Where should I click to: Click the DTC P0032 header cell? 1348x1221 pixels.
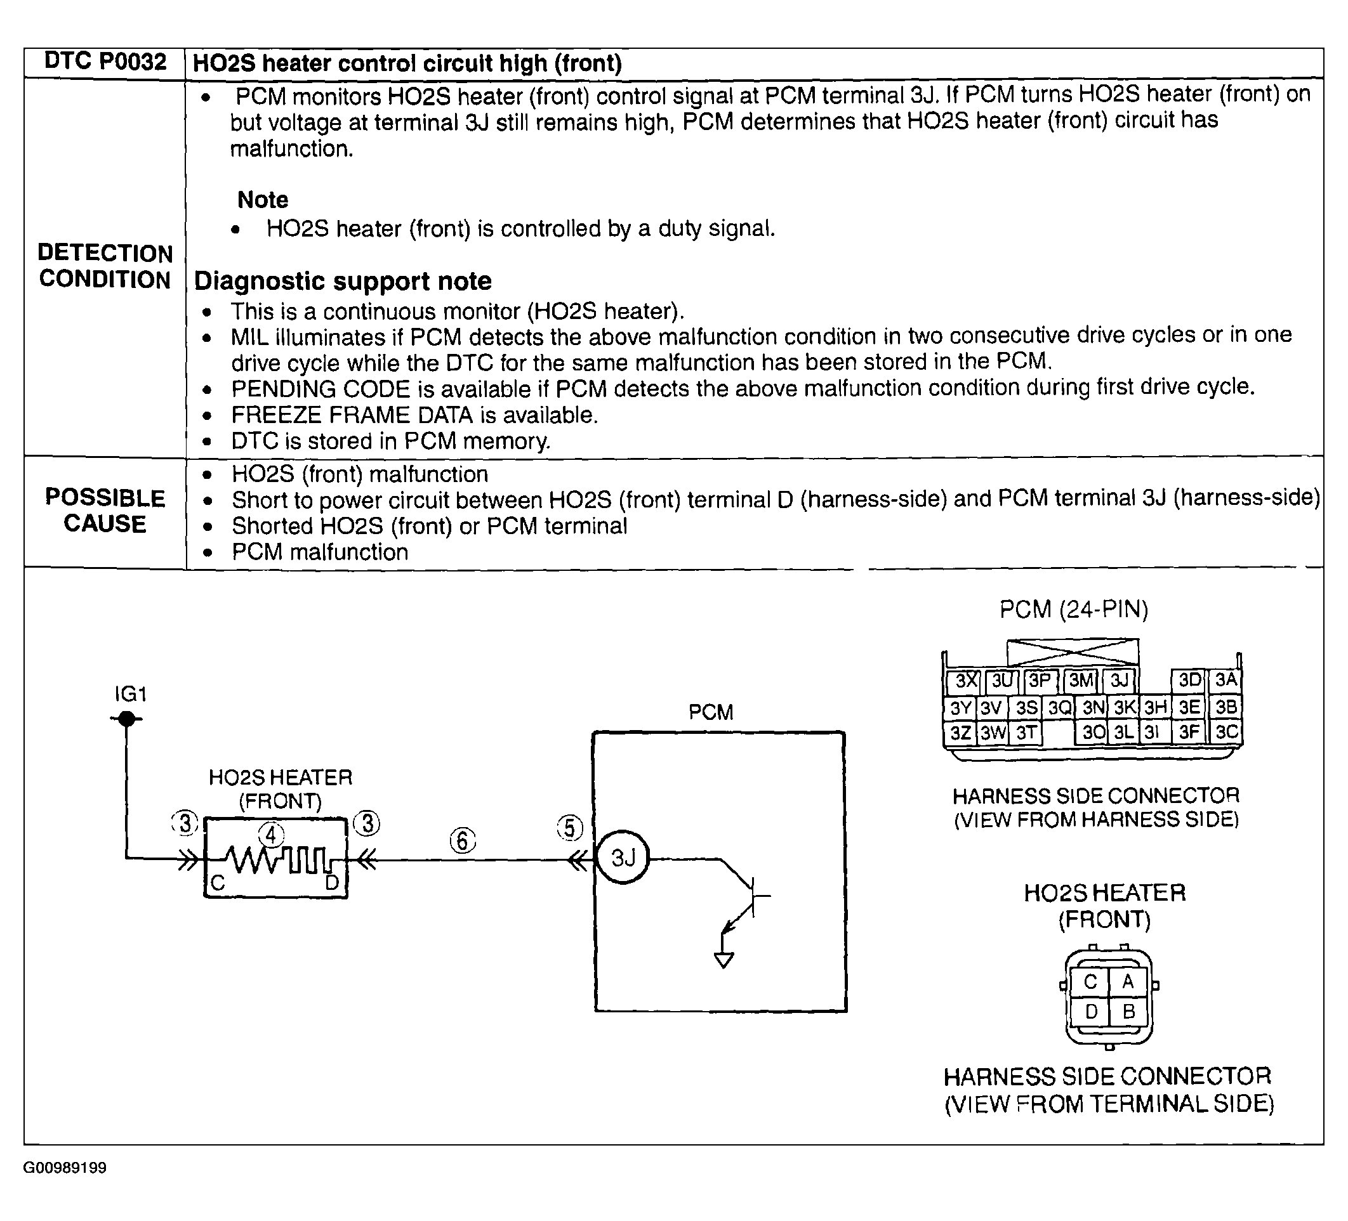(104, 62)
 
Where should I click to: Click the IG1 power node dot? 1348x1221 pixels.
(126, 719)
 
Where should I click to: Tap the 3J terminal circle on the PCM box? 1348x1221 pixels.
(623, 858)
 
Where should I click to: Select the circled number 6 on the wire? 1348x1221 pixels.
(463, 840)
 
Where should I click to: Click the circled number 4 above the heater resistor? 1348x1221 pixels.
(271, 835)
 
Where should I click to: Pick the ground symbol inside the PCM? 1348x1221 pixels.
(724, 960)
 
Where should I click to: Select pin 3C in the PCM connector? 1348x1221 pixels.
(1226, 733)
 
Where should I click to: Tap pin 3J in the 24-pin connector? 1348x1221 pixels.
(1120, 681)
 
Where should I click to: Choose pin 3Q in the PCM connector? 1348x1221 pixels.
(1060, 707)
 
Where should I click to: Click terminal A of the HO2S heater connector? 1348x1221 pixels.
(1128, 982)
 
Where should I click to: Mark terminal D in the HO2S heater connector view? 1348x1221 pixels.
(1091, 1012)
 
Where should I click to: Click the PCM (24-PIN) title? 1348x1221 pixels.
(1073, 610)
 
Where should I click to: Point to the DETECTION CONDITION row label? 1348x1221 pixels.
(105, 266)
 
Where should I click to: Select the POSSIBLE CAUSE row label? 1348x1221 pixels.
(105, 511)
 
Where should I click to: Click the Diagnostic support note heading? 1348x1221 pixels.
(342, 282)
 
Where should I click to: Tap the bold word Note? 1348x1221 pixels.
(263, 200)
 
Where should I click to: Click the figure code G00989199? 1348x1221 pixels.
(65, 1168)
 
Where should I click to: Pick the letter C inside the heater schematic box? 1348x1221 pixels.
(218, 884)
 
